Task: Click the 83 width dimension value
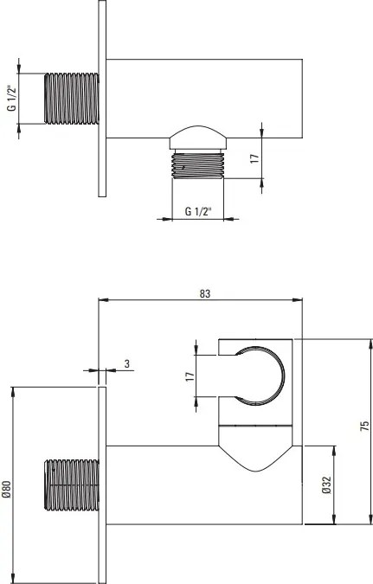click(x=204, y=294)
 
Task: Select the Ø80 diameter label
click(x=6, y=489)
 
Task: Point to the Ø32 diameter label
click(x=326, y=485)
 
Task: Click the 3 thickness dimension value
click(x=127, y=363)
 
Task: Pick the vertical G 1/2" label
click(x=12, y=99)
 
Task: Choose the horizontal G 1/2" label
click(x=198, y=212)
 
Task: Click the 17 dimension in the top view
click(x=254, y=158)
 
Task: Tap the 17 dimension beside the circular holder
click(x=190, y=376)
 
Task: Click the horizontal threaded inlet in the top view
click(x=72, y=99)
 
